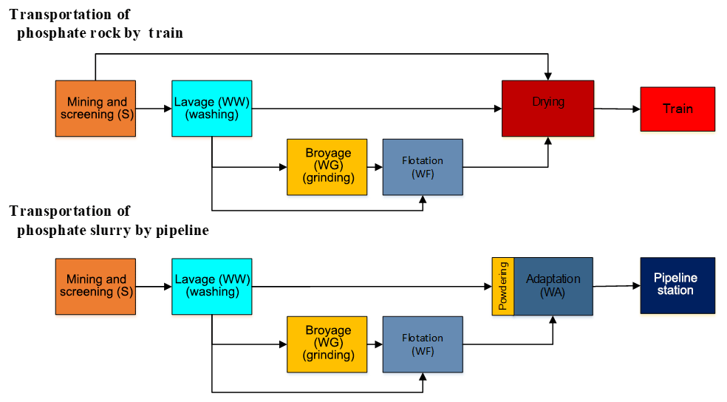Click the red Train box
677,109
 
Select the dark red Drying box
547,109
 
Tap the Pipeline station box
677,286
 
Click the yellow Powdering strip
502,286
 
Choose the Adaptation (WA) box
553,286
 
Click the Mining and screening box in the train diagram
96,109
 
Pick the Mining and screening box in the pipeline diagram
96,286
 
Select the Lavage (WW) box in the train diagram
211,109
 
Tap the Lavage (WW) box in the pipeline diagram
211,286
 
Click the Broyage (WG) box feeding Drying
327,167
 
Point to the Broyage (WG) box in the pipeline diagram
327,344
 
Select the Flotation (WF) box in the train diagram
423,167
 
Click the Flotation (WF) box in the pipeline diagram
423,344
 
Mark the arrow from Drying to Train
617,109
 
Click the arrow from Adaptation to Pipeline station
616,286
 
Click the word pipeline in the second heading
182,231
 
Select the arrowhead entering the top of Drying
547,76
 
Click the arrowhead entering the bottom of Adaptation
553,320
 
